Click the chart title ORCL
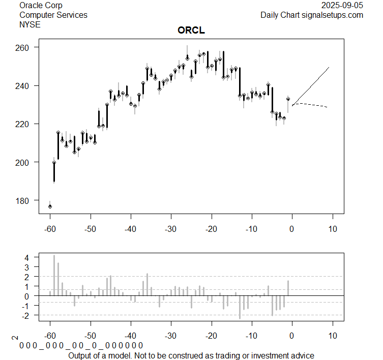tap(191, 31)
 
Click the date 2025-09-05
tap(342, 5)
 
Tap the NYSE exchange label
tap(30, 24)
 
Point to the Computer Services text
tap(53, 15)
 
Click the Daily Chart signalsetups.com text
tap(312, 15)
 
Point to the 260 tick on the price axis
tap(24, 47)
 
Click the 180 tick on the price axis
tap(24, 200)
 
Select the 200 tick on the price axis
tap(24, 162)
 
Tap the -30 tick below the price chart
tap(171, 229)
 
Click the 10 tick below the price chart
tap(333, 229)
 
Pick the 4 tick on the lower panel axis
tap(28, 257)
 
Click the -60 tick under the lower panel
tap(50, 336)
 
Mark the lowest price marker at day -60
tap(50, 206)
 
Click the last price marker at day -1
tap(288, 99)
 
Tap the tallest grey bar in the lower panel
tap(54, 275)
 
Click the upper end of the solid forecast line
tap(329, 67)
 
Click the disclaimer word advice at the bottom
tap(303, 355)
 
